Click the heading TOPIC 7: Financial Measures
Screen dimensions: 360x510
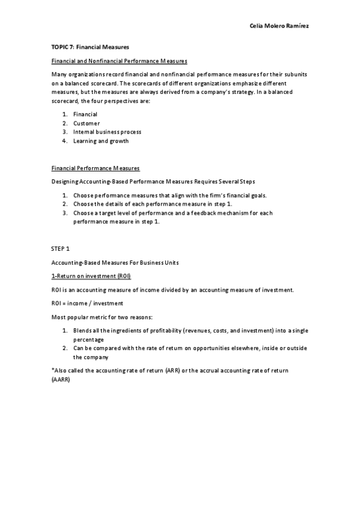(90, 46)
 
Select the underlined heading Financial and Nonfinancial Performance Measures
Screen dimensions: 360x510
(119, 61)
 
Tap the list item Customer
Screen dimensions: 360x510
(87, 123)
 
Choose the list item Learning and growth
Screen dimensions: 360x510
(100, 141)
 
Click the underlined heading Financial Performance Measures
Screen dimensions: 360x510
(96, 168)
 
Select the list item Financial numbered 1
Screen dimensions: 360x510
(85, 114)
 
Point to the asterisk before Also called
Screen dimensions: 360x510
(53, 370)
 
